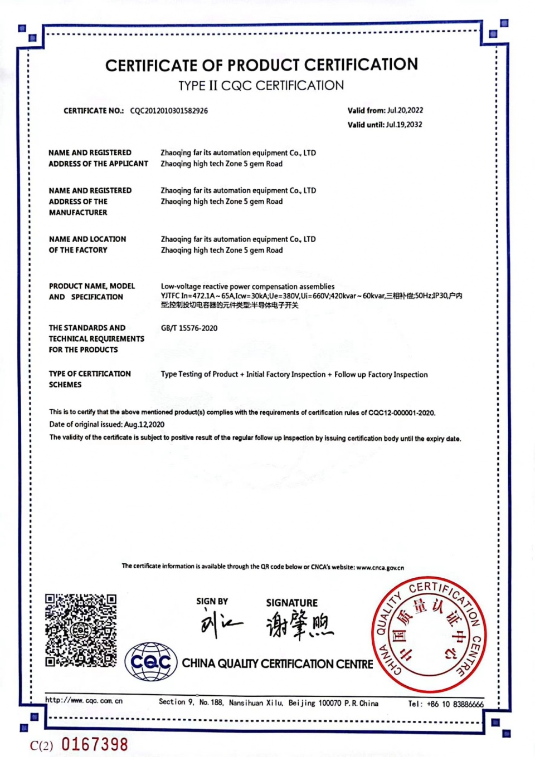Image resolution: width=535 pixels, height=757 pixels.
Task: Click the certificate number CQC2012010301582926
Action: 169,111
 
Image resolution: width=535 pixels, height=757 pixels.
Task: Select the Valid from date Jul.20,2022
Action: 405,110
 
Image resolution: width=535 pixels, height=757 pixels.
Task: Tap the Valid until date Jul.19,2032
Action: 404,125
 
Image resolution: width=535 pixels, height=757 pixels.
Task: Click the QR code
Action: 81,630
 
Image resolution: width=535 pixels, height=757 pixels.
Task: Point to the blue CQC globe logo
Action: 150,662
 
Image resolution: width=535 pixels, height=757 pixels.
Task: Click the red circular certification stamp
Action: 429,635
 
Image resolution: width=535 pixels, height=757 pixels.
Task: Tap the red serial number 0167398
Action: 95,744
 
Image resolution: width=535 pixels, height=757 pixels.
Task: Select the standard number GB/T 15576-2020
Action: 189,328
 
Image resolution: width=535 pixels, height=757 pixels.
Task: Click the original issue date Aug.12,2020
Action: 144,425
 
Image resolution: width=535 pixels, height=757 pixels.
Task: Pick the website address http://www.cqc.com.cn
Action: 84,701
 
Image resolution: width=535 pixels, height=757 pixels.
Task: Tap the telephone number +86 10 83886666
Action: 455,704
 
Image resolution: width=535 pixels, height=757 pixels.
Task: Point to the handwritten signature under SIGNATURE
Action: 299,625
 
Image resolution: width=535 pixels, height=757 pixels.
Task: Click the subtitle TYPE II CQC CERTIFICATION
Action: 261,86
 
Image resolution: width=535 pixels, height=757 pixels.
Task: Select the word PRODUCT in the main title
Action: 264,65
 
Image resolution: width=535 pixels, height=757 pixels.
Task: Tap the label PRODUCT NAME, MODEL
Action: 91,286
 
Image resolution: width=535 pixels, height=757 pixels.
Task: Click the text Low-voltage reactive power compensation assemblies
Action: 247,287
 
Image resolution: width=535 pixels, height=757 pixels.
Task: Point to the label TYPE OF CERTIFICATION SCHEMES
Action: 89,379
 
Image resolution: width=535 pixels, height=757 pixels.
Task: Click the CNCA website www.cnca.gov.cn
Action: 380,568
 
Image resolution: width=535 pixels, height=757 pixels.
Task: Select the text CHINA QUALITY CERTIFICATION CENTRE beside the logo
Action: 277,663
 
